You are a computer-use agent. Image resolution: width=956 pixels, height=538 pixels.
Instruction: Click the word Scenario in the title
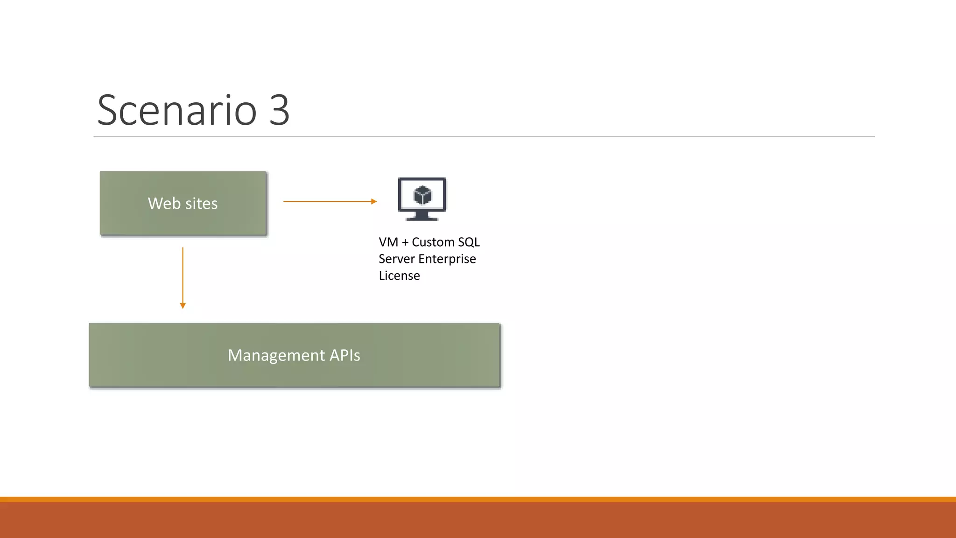coord(176,111)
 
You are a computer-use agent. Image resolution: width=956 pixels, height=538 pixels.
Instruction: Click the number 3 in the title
coord(279,111)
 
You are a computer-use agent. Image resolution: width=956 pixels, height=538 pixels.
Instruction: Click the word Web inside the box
coord(164,204)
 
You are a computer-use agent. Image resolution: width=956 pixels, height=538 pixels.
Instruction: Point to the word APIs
coord(344,355)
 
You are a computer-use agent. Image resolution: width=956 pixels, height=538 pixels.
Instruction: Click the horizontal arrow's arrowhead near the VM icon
coord(374,201)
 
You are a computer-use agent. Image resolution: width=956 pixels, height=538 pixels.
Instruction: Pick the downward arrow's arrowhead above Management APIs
coord(183,305)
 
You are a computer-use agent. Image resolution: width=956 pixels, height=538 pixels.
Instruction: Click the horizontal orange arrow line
coord(327,201)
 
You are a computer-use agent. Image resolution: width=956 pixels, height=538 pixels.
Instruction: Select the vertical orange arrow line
coord(183,276)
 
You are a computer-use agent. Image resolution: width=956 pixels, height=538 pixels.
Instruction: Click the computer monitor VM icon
coord(422,198)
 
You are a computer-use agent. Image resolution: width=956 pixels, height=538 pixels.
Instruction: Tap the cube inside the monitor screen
coord(422,195)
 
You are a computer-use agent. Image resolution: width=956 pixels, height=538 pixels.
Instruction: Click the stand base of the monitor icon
coord(422,218)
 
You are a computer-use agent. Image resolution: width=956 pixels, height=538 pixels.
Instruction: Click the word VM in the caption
coord(388,242)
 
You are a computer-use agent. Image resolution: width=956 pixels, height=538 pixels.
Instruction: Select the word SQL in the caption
coord(469,242)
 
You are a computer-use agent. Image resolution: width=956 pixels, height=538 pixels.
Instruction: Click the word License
coord(399,276)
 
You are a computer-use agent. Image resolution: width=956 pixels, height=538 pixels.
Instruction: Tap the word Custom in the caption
coord(433,242)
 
